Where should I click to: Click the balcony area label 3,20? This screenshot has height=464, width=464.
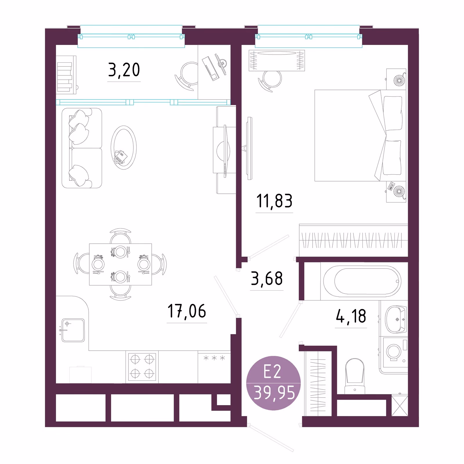point(124,70)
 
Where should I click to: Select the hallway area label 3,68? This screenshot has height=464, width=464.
point(267,278)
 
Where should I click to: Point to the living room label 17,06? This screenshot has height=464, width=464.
point(187,311)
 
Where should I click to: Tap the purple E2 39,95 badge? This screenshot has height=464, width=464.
point(273,383)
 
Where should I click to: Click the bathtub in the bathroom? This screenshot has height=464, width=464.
point(362,281)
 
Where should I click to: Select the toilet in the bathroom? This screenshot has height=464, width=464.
point(355,376)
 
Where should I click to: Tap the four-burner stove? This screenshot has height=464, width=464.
point(142,367)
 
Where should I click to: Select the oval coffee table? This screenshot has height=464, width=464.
point(124,148)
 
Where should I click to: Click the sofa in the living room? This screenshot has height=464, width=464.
point(82,148)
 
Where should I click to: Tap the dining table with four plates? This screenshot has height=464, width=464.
point(120,264)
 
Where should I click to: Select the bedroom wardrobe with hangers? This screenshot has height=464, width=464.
point(354,240)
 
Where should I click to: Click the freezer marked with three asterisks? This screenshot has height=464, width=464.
point(214,367)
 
